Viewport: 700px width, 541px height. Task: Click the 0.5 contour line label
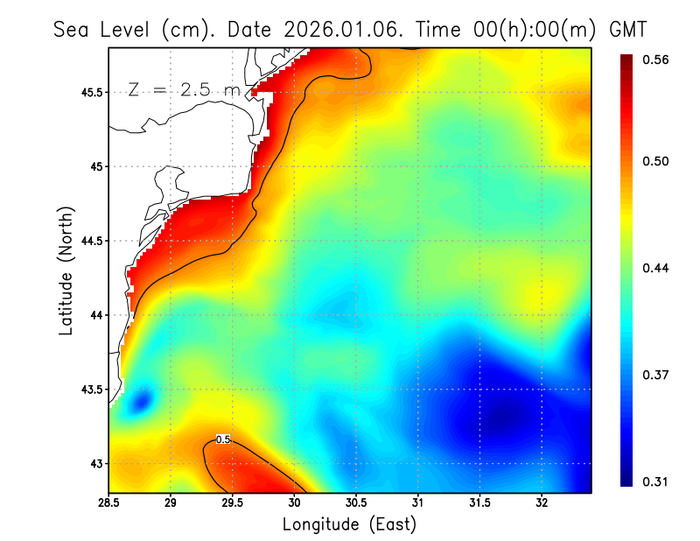[223, 439]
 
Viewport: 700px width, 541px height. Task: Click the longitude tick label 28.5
[109, 502]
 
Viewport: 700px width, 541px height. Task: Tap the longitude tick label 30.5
[356, 502]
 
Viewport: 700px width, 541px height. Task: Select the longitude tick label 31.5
[479, 502]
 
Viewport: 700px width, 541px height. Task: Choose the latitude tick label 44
[95, 315]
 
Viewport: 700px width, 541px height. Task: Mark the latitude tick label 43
[95, 463]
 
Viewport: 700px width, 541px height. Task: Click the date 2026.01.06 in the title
[339, 29]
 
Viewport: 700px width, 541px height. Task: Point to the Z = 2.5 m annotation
[183, 90]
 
